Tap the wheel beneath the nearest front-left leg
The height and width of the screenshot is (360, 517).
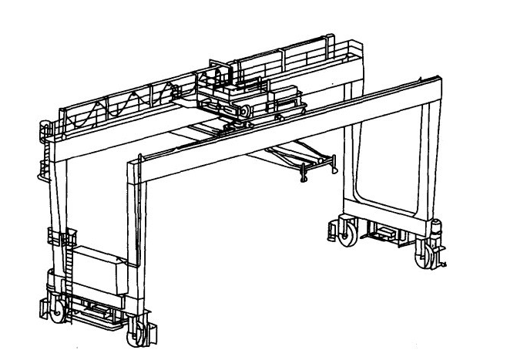[x=139, y=333]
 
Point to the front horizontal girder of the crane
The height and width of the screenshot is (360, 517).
[x=285, y=119]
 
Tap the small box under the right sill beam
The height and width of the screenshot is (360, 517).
[x=382, y=231]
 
